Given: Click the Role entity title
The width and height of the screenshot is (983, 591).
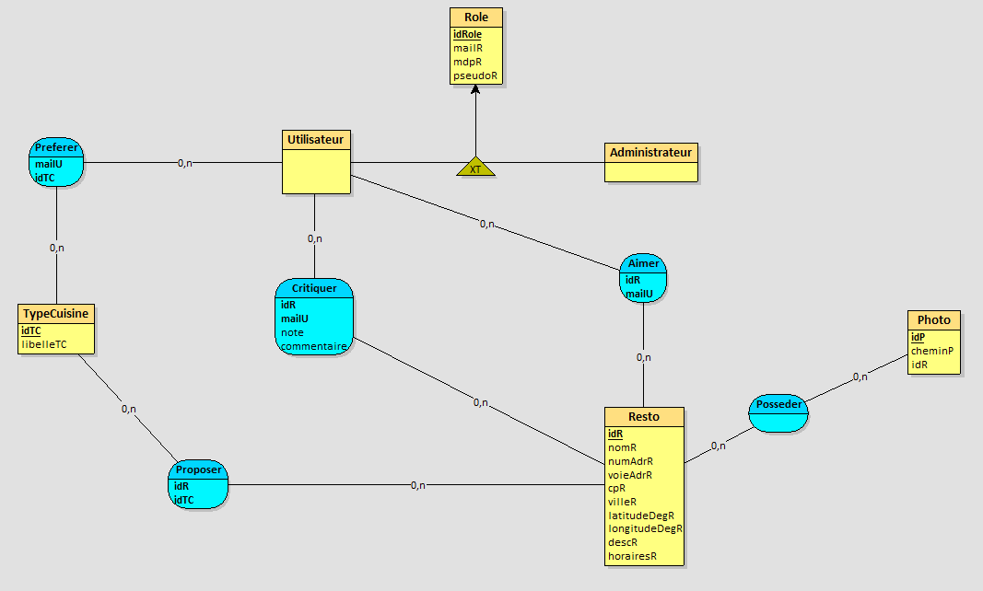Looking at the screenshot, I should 476,17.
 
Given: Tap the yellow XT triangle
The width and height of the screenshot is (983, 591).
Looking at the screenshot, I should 475,168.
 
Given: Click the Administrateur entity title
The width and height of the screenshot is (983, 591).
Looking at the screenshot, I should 650,152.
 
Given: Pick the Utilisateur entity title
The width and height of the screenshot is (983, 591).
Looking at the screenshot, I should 315,140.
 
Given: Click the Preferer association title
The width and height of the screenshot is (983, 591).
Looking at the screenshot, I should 56,147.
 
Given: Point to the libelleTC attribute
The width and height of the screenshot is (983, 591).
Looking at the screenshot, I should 44,344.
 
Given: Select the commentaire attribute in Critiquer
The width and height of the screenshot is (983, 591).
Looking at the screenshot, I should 314,346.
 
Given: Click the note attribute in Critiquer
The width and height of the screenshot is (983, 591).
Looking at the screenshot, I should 292,332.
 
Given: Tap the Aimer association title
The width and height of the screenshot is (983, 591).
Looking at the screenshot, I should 643,263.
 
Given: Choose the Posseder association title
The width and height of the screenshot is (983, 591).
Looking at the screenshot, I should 778,405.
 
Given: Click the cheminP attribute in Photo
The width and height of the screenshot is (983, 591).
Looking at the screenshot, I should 931,351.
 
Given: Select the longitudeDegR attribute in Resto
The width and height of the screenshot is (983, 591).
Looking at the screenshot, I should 645,528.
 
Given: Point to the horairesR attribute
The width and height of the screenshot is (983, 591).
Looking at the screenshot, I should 632,556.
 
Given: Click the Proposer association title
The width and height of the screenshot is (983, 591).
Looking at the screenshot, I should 199,469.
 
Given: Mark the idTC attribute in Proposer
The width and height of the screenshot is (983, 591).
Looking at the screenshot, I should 184,500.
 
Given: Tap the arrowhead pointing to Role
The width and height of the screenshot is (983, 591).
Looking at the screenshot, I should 475,90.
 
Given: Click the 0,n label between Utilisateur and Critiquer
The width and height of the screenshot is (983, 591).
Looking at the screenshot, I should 315,238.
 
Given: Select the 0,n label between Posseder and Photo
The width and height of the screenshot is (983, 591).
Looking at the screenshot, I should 860,377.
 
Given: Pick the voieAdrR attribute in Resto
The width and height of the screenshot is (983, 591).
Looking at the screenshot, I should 630,475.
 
